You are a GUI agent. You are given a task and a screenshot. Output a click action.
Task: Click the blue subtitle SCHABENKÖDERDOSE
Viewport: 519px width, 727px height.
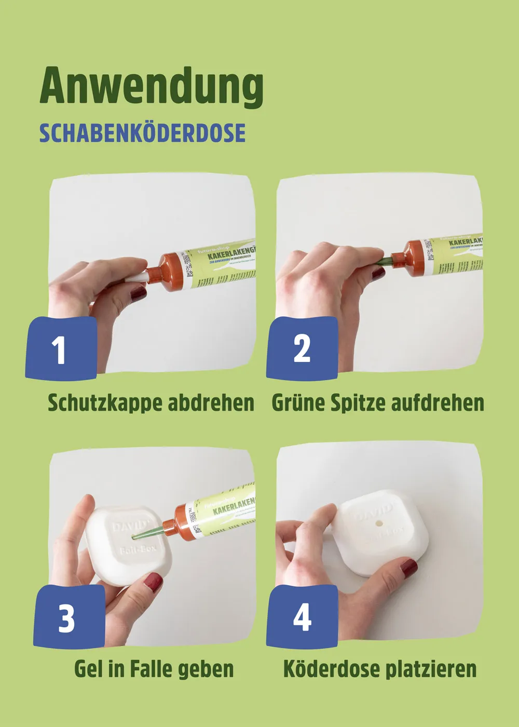coord(142,133)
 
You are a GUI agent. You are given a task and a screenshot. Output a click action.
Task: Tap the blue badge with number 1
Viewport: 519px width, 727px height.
coord(61,349)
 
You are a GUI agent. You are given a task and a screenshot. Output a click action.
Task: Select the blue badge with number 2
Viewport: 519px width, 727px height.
coord(302,349)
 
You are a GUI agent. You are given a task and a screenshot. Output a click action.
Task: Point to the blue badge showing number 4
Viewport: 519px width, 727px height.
coord(302,617)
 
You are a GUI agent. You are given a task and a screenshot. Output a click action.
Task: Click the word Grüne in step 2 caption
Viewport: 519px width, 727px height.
coord(298,403)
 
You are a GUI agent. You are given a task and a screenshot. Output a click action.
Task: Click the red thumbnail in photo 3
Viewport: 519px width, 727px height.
coord(153,582)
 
